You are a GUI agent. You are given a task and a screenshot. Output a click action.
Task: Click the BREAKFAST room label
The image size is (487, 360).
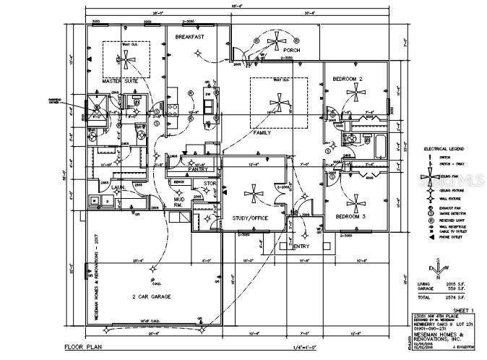click(189, 36)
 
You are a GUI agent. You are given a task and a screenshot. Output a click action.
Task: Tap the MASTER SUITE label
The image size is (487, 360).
click(121, 81)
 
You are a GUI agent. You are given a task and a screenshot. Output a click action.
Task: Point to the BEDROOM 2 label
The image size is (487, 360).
click(348, 77)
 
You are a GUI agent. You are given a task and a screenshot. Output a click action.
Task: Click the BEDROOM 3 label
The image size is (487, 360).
click(350, 216)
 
